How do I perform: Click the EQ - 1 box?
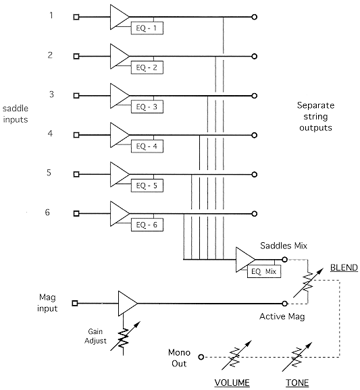[x=147, y=28]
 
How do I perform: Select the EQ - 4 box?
[x=147, y=146]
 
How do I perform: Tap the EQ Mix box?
[x=264, y=271]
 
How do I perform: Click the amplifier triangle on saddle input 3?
[x=120, y=96]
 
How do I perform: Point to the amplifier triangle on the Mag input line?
[x=128, y=304]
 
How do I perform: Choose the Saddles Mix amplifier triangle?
[x=245, y=260]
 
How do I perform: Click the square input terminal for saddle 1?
[x=76, y=17]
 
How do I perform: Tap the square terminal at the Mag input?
[x=75, y=304]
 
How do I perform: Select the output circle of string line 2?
[x=254, y=57]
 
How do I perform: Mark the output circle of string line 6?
[x=254, y=214]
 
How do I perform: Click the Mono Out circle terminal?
[x=201, y=357]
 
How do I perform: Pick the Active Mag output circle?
[x=284, y=304]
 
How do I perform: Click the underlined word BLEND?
[x=344, y=268]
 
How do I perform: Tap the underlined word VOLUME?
[x=232, y=383]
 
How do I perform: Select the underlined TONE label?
[x=297, y=383]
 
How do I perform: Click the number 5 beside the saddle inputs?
[x=49, y=173]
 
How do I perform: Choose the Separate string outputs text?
[x=315, y=117]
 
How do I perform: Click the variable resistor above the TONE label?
[x=297, y=357]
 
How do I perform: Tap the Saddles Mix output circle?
[x=284, y=260]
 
